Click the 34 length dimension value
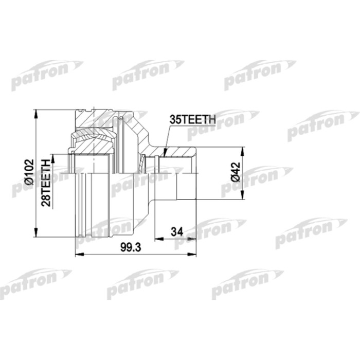[x=176, y=232]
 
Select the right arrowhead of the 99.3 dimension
[x=195, y=254]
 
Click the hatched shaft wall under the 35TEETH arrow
[x=177, y=152]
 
